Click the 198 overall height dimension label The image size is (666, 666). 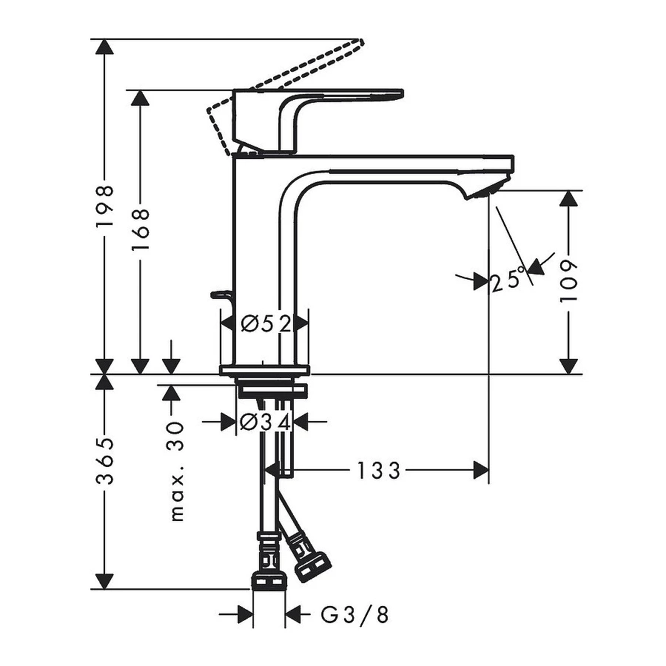point(107,206)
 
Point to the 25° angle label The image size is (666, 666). point(508,280)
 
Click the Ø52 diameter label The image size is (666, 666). point(264,323)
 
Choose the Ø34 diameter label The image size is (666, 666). point(264,421)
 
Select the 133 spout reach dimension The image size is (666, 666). point(378,470)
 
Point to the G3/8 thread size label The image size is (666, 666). point(354,614)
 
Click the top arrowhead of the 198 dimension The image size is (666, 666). point(107,47)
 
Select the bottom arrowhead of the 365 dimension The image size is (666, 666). point(107,582)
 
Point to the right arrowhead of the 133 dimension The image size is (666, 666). point(481,470)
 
